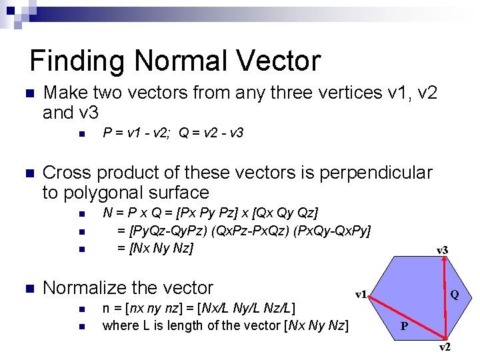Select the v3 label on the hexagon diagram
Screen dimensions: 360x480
point(442,250)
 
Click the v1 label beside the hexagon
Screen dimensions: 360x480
point(361,294)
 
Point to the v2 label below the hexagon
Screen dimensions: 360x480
point(444,347)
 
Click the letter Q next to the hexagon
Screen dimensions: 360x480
point(454,294)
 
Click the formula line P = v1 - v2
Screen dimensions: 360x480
point(137,133)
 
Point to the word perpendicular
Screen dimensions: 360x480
point(376,173)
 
